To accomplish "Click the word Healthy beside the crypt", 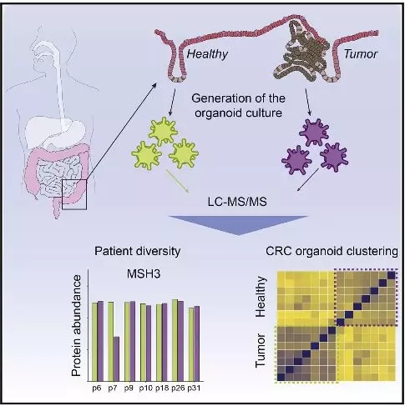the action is click(207, 54).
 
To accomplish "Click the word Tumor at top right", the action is click(361, 54).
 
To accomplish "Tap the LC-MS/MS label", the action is click(237, 202).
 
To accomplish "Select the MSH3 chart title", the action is click(144, 274).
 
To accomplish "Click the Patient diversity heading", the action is click(138, 251).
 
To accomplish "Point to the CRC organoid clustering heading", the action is click(332, 251).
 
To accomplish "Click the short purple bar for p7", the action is click(116, 358).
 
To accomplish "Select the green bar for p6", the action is click(94, 342).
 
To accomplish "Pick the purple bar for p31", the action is click(197, 343).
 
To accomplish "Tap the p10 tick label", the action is click(146, 388).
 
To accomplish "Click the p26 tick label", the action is click(178, 388).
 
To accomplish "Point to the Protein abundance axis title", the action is click(76, 325).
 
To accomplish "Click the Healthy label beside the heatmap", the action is click(261, 297).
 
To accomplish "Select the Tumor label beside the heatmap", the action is click(261, 351).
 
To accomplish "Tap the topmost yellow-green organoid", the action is click(163, 131).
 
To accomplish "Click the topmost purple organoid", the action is click(314, 133).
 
